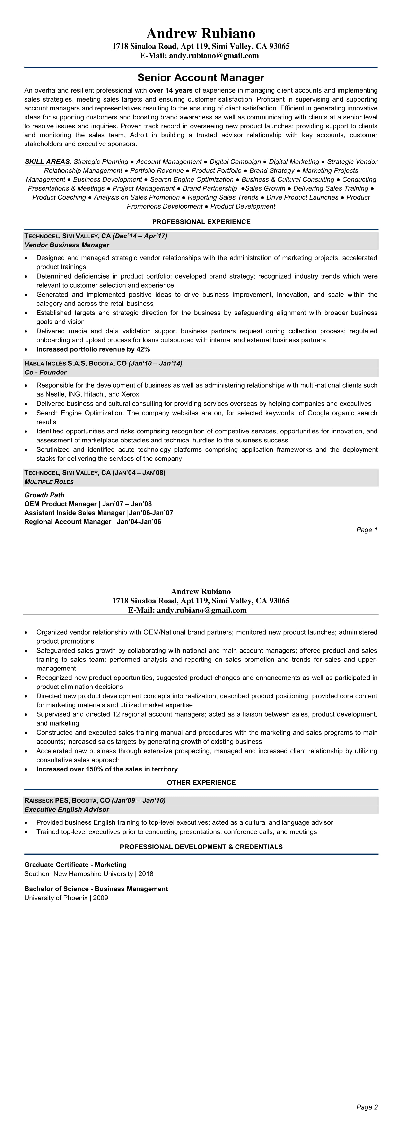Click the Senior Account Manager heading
[x=201, y=78]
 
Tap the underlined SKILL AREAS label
[x=47, y=162]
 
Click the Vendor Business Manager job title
[x=67, y=245]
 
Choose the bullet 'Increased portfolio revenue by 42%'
[x=93, y=349]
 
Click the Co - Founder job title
[x=45, y=372]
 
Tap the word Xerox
[x=130, y=394]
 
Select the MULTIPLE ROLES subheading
[x=49, y=482]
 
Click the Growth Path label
[x=44, y=495]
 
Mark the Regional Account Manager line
[x=93, y=522]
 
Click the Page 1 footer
[x=367, y=530]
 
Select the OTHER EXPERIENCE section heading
[x=201, y=782]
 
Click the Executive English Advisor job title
[x=67, y=809]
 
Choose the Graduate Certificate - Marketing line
[x=75, y=864]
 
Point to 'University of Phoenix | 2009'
[x=66, y=898]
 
